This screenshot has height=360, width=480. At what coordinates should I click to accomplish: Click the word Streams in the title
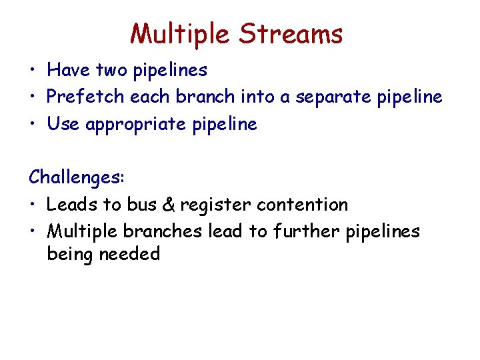[291, 33]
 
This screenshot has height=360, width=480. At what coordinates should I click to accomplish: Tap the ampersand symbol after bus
[168, 205]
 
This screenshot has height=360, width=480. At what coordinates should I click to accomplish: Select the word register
[215, 205]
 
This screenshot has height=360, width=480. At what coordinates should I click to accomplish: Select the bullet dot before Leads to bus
[33, 205]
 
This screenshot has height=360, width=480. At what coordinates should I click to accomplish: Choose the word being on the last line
[69, 254]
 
